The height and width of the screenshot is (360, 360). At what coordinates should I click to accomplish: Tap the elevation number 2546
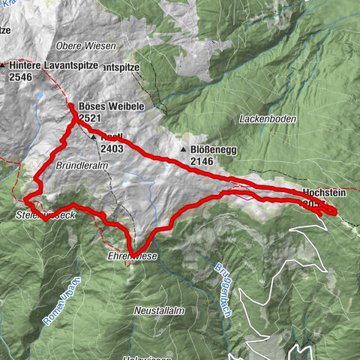point(22,76)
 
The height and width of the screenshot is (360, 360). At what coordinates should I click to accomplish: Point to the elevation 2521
point(90,118)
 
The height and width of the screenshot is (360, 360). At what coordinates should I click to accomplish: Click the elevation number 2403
point(112,149)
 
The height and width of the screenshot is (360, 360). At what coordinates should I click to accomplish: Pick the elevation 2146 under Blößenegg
point(202,161)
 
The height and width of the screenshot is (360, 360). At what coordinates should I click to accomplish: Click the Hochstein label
point(325,192)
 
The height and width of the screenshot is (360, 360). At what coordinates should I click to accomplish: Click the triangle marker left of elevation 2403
point(93,139)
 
